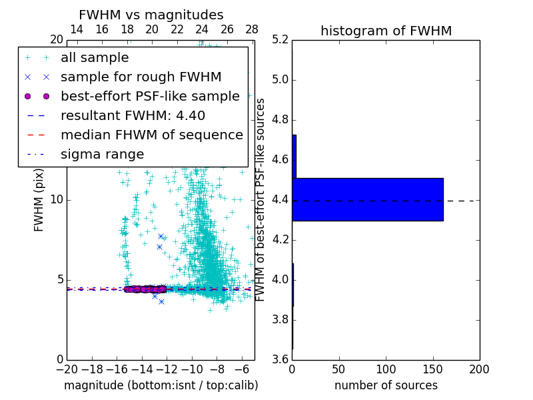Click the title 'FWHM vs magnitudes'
[151, 15]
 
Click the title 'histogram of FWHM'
[386, 31]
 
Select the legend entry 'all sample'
[95, 58]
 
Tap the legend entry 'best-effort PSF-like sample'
[150, 97]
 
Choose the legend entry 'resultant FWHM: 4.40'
[133, 116]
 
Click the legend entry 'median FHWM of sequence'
[152, 135]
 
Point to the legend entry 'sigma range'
[102, 155]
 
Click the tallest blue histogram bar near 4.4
[367, 199]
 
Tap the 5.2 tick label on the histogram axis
[280, 40]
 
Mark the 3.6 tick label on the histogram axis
[280, 359]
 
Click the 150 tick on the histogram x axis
[432, 369]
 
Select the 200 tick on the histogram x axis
[479, 369]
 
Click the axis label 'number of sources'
[386, 385]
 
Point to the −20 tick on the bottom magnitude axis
[67, 369]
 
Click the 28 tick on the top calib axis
[252, 29]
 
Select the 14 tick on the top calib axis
[77, 29]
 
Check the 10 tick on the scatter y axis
[56, 199]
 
